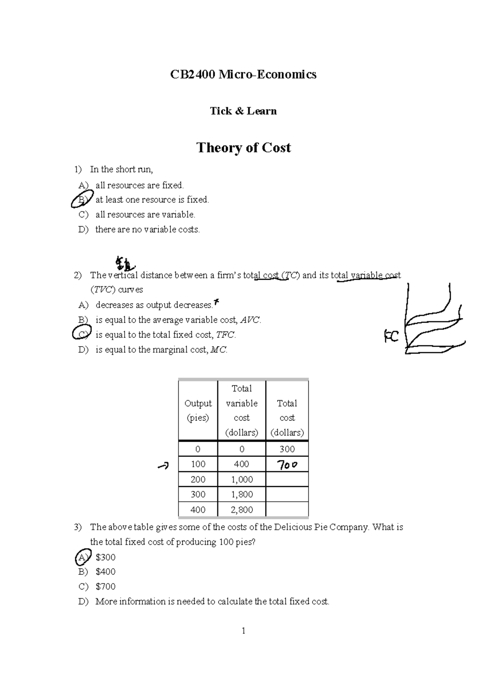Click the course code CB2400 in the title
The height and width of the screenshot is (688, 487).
(192, 75)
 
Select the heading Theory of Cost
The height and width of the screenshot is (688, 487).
(243, 148)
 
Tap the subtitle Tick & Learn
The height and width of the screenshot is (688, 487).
(243, 111)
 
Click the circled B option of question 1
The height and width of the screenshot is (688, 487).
(80, 199)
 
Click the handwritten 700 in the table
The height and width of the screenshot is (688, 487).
(287, 465)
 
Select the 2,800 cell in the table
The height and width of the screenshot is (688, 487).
(242, 510)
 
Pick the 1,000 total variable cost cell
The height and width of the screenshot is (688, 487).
(242, 479)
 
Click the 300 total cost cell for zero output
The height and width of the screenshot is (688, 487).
(287, 449)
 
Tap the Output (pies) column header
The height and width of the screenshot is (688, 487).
(198, 410)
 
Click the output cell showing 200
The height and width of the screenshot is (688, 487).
(198, 479)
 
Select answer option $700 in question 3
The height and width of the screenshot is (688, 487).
(106, 587)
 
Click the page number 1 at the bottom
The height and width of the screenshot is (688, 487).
(243, 631)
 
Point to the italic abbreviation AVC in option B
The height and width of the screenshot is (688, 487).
(250, 320)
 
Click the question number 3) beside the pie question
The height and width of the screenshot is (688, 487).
(78, 527)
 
